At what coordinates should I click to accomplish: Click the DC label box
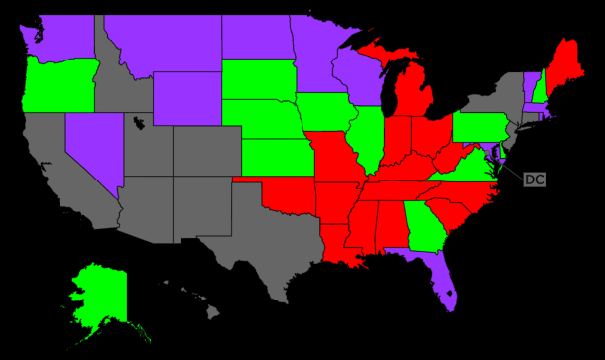coord(534,180)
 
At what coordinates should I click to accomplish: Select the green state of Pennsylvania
coord(481,129)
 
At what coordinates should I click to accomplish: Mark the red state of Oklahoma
coord(288,198)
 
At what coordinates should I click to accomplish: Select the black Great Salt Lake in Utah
coord(138,125)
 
